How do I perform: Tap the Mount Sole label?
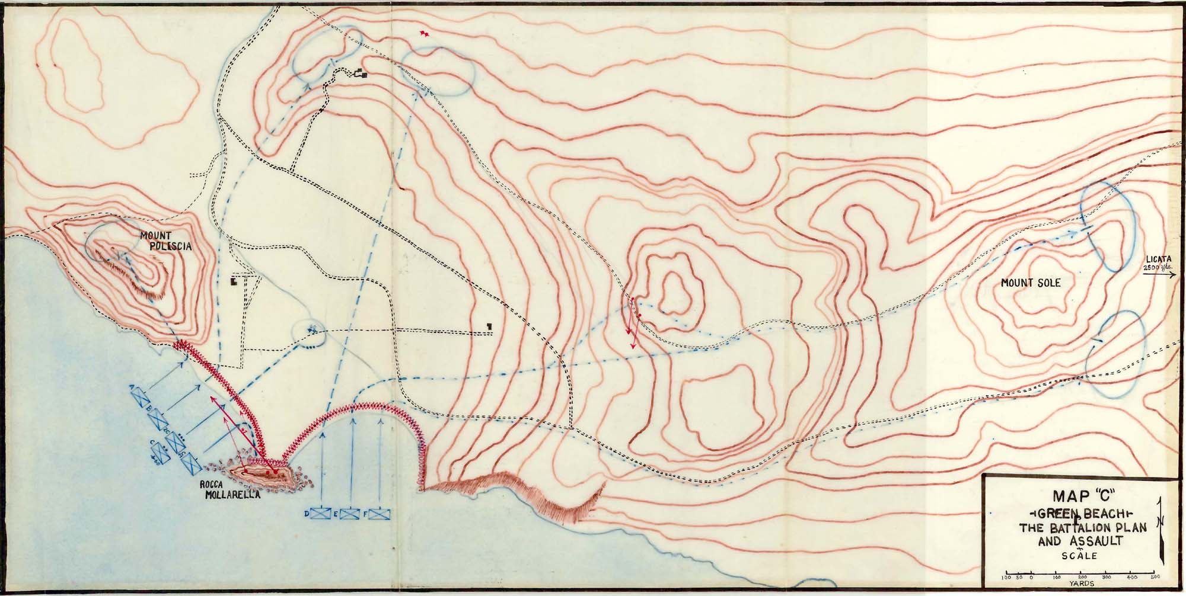coord(1030,283)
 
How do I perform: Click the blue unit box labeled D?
coord(323,513)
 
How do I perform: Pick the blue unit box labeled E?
coord(350,514)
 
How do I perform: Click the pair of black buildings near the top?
coord(360,73)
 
